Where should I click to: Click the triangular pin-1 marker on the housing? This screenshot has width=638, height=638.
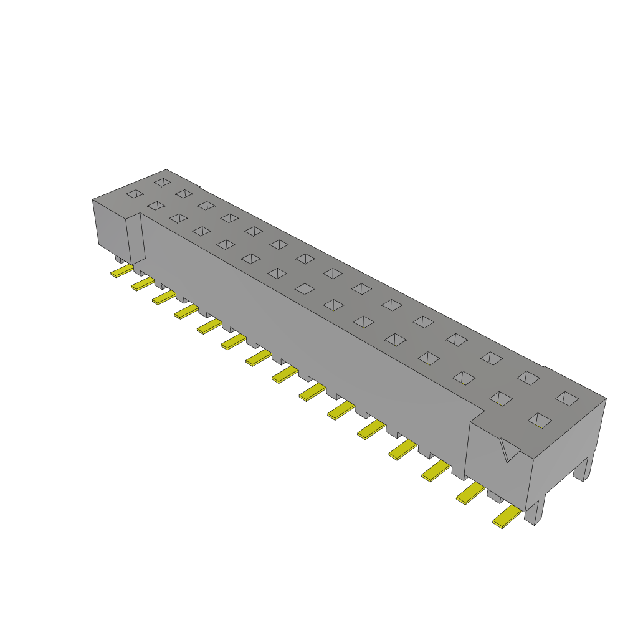click(509, 450)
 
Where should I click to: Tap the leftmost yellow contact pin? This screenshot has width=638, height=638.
click(121, 271)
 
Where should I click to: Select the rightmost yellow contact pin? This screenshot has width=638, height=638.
click(507, 517)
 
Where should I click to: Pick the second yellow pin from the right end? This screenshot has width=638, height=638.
click(470, 493)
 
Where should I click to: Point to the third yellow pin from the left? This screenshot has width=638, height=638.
click(164, 298)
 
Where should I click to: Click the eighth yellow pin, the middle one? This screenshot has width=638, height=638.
click(285, 374)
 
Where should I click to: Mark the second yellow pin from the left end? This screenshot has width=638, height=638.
click(142, 284)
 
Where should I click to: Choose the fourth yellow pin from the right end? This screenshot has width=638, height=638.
click(402, 449)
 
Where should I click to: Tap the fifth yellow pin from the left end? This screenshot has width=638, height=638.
click(209, 326)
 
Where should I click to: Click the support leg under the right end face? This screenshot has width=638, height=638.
click(581, 469)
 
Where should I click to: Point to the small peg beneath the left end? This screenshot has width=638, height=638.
click(119, 258)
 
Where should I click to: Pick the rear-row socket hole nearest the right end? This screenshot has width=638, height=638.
click(567, 399)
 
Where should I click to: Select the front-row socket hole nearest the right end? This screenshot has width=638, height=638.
click(540, 421)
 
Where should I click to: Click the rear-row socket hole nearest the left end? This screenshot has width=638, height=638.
click(163, 182)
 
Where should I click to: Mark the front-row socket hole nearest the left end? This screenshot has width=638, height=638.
click(134, 194)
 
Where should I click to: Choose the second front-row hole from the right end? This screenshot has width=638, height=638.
click(500, 398)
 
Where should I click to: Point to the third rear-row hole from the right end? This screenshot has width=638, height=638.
click(492, 358)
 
